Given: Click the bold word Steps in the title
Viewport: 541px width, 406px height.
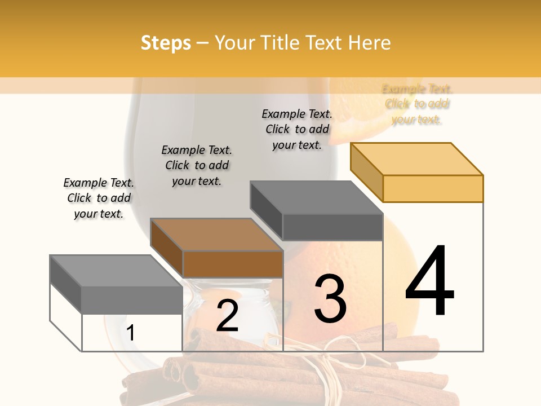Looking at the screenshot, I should [166, 43].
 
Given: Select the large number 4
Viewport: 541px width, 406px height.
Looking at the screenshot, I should [429, 281].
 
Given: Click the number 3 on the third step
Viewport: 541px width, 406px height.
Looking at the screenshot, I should [330, 299].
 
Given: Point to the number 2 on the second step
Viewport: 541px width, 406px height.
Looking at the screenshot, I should [228, 316].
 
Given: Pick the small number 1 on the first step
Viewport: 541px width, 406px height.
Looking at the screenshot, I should [131, 333].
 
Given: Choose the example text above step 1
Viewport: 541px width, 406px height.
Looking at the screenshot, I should [99, 198].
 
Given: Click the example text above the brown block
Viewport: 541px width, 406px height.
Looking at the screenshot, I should [197, 165].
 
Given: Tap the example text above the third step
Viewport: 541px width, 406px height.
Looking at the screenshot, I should [297, 129].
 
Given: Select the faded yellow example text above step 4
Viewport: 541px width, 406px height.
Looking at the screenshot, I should [417, 104].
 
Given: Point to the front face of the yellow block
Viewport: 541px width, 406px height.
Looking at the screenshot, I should [433, 188].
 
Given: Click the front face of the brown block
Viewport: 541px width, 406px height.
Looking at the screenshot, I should [233, 264].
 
